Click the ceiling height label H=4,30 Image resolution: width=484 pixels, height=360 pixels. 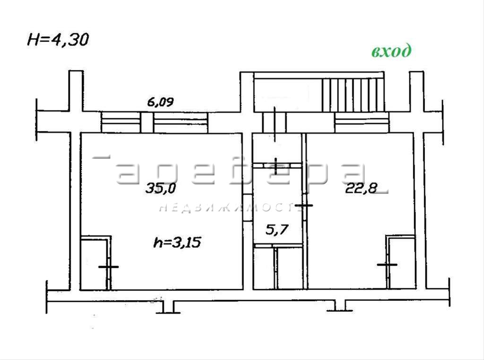pos(58,40)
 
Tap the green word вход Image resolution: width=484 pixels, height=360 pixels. pos(391,51)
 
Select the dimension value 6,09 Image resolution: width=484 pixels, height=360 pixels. pos(160,102)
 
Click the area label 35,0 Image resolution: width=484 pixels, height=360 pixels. pos(161,188)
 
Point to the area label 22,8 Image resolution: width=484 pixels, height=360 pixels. pos(361,188)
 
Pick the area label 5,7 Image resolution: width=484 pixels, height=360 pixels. pos(277,229)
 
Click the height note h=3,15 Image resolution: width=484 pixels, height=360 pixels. pos(177,242)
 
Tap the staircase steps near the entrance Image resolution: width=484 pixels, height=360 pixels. pos(353,95)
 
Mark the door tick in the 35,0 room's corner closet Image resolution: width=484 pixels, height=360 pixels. pos(108,267)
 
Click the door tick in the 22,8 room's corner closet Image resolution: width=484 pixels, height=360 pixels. pos(387,264)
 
